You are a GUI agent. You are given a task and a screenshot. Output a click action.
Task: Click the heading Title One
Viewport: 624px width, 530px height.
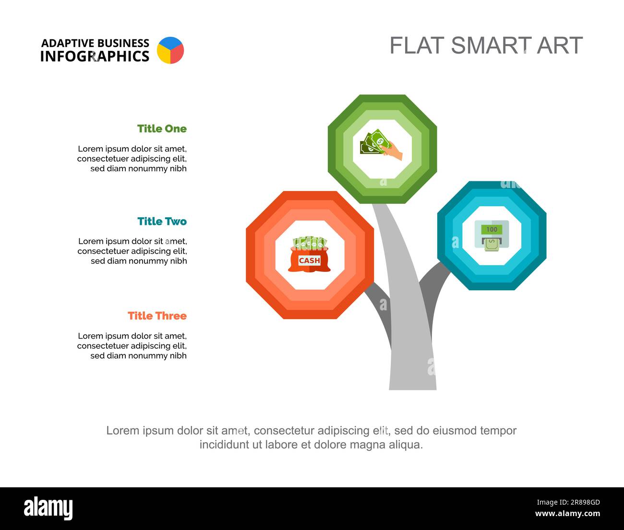(x=162, y=129)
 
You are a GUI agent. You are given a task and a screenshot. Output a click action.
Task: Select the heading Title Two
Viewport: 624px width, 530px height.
(x=162, y=222)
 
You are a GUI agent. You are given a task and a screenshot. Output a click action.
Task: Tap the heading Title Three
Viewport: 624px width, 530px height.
(x=157, y=316)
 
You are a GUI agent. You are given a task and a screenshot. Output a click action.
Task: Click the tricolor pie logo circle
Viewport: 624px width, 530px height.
(x=170, y=50)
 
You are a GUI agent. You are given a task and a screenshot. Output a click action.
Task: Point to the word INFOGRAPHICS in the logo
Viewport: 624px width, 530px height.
(x=95, y=57)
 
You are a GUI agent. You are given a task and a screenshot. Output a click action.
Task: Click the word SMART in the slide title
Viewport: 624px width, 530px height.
(x=491, y=45)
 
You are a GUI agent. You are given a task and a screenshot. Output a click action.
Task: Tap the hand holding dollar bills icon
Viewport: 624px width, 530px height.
(x=381, y=144)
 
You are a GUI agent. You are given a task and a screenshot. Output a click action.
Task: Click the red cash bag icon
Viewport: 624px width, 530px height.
(x=310, y=254)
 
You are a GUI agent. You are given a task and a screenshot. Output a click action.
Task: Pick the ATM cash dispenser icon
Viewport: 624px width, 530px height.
(x=492, y=236)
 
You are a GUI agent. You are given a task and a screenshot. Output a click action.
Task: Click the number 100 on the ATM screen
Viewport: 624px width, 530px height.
(x=492, y=229)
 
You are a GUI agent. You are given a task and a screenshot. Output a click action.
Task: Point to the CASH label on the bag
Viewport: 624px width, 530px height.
(x=310, y=260)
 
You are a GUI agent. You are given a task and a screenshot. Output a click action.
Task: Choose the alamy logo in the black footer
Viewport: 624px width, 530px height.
(x=48, y=508)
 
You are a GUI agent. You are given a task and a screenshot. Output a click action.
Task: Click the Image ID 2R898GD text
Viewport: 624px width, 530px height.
(x=568, y=502)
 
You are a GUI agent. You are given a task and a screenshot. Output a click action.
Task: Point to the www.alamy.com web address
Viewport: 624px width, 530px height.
(x=567, y=513)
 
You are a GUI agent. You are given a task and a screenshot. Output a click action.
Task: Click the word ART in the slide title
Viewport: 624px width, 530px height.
(x=560, y=45)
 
